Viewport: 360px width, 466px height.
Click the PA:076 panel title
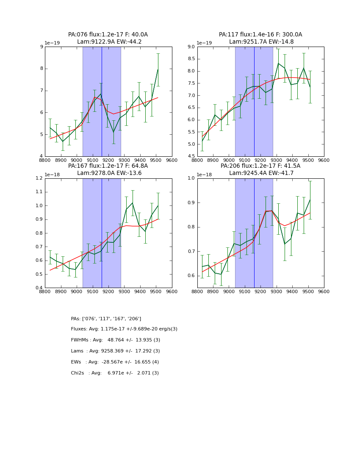pos(108,35)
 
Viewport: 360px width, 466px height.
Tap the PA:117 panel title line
pos(260,35)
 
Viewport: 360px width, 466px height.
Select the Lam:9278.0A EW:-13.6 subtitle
pos(108,173)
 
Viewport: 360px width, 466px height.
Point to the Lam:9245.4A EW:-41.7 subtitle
pos(260,173)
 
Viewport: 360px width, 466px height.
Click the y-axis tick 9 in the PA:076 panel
pos(41,47)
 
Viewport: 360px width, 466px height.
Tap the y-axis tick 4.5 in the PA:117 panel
pos(191,156)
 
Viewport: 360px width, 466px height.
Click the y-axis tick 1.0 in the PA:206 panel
pos(191,178)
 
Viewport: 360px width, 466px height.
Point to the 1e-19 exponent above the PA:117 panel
pos(205,43)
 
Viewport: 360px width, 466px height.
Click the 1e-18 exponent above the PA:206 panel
pos(205,175)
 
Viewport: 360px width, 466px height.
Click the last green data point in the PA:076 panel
pos(158,69)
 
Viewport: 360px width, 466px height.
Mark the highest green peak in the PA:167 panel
pos(133,203)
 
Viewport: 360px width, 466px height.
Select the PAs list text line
pos(106,319)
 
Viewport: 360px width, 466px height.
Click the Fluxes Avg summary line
pos(124,329)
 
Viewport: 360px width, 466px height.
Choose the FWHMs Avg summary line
pos(116,340)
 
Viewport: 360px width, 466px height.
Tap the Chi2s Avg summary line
pos(115,373)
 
